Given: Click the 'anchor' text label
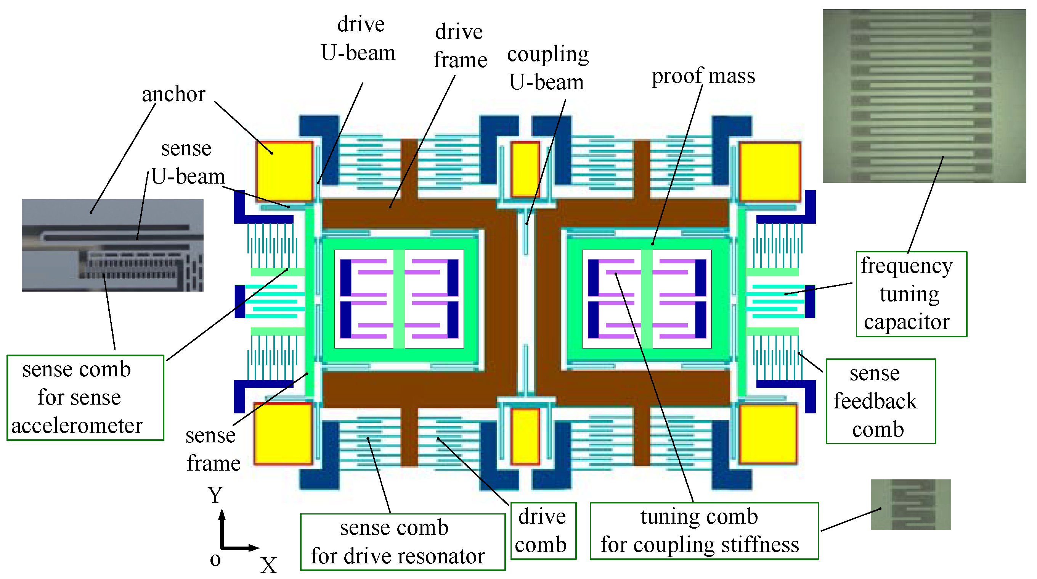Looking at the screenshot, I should (173, 94).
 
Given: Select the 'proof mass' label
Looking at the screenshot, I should (703, 76).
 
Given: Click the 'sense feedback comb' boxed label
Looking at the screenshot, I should (880, 401).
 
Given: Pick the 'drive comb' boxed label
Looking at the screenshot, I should (543, 530).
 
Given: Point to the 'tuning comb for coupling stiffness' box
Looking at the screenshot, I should (703, 530).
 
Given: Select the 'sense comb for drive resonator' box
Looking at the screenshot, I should (402, 542).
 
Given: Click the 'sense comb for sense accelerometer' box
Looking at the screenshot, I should (85, 397).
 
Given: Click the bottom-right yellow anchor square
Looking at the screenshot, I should (768, 434).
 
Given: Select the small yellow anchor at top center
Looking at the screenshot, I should (525, 169).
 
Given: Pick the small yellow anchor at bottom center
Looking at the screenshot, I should (525, 435).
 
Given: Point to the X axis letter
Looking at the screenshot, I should (268, 565).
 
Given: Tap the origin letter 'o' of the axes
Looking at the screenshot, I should (215, 560).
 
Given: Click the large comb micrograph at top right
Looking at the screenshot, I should (923, 96).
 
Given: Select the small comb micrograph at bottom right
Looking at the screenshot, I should (910, 504).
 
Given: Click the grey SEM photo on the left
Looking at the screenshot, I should (112, 245).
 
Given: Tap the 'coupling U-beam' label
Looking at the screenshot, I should (547, 68).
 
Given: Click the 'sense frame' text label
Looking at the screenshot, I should (213, 449).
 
